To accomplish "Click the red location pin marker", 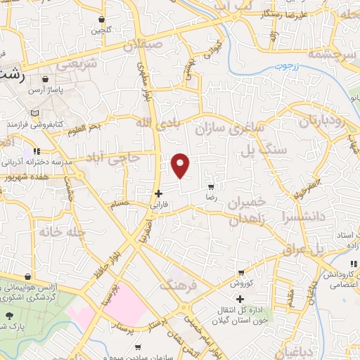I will tap(181, 165).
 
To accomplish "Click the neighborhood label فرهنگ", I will tap(175, 285).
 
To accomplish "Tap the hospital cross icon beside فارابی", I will tap(159, 193).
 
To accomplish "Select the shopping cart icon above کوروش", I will tap(241, 272).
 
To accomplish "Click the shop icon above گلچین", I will tap(103, 20).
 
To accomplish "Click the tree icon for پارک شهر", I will tap(8, 316).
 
